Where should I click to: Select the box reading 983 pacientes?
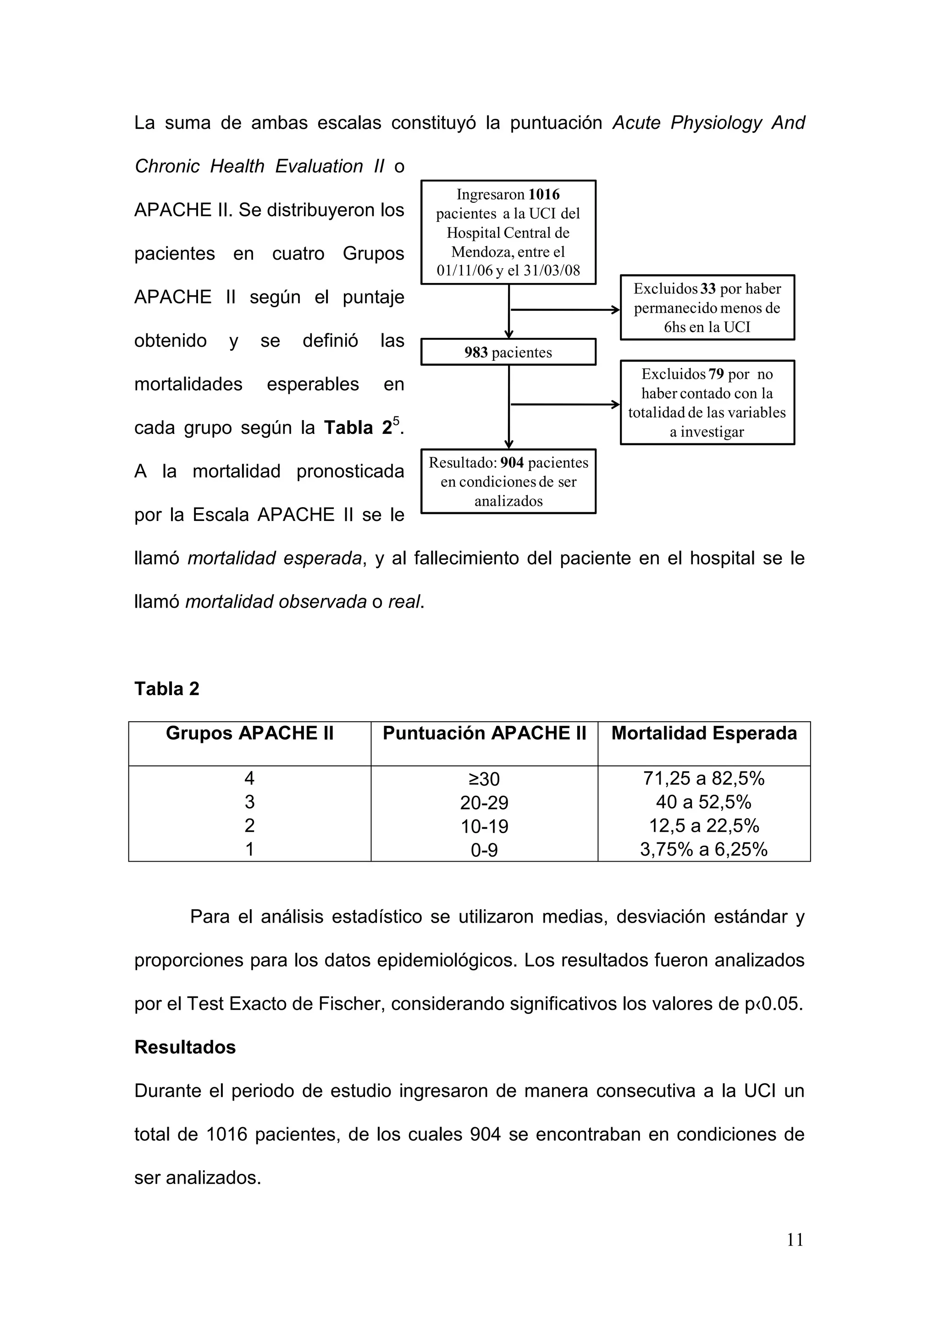pyautogui.click(x=508, y=352)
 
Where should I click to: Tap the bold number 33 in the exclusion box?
pyautogui.click(x=708, y=288)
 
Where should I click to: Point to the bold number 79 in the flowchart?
pyautogui.click(x=716, y=374)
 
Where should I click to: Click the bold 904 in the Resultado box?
pyautogui.click(x=512, y=463)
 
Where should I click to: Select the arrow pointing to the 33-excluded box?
pyautogui.click(x=564, y=310)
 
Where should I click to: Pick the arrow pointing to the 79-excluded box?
pyautogui.click(x=564, y=404)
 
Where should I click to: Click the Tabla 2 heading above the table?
pyautogui.click(x=166, y=688)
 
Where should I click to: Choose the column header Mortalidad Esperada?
pyautogui.click(x=704, y=733)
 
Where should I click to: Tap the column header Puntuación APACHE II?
pyautogui.click(x=484, y=733)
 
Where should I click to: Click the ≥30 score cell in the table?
pyautogui.click(x=484, y=779)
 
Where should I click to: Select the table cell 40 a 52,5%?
pyautogui.click(x=704, y=802)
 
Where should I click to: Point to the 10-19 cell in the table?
pyautogui.click(x=484, y=826)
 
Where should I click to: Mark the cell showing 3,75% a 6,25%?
pyautogui.click(x=704, y=850)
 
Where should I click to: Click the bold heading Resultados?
pyautogui.click(x=185, y=1047)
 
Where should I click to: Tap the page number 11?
pyautogui.click(x=795, y=1239)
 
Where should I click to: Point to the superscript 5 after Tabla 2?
pyautogui.click(x=396, y=421)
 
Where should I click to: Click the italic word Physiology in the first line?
pyautogui.click(x=716, y=122)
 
